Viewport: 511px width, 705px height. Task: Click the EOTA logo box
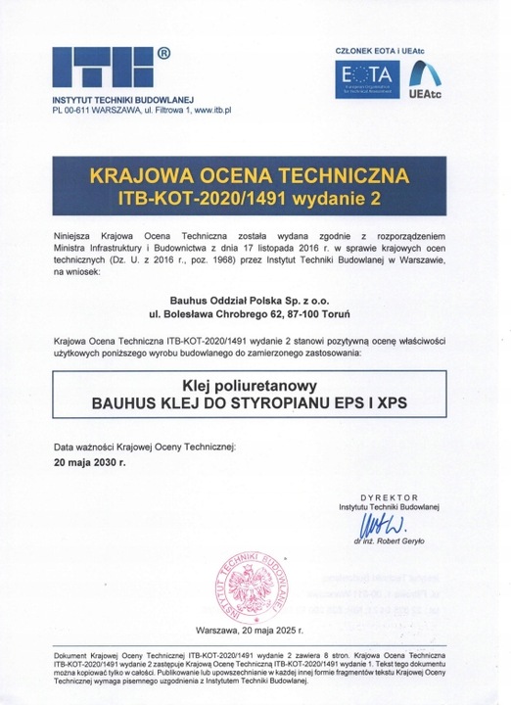tap(363, 77)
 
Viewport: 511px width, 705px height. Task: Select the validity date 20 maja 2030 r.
tap(90, 457)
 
